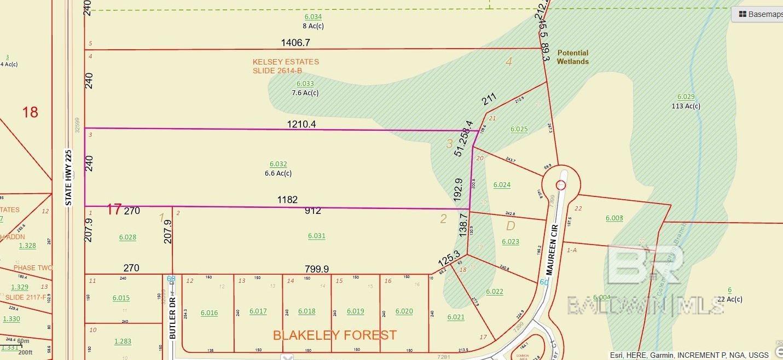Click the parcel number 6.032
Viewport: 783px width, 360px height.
click(278, 164)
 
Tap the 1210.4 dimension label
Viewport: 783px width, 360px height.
click(301, 124)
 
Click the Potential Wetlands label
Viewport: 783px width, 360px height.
click(572, 57)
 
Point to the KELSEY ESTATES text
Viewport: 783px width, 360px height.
click(286, 62)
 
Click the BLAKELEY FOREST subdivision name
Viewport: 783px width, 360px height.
click(334, 335)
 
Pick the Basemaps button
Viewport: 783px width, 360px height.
click(758, 14)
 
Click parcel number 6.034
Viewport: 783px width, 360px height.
click(312, 17)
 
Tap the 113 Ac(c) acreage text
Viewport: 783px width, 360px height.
click(686, 106)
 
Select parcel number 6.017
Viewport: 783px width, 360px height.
click(258, 311)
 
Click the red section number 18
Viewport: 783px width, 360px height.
click(30, 112)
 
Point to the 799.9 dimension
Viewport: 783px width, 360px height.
click(317, 269)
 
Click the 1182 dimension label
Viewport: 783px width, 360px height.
click(287, 200)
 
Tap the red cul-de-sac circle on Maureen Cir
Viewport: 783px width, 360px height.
click(561, 185)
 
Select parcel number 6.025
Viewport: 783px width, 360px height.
click(519, 129)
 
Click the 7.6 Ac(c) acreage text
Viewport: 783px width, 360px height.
click(305, 92)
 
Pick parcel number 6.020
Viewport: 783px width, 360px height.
click(404, 311)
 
